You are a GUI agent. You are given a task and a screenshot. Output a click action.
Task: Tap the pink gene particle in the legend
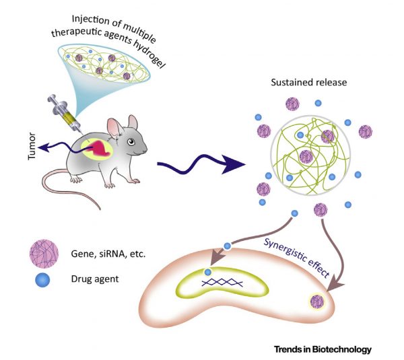(41, 254)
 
